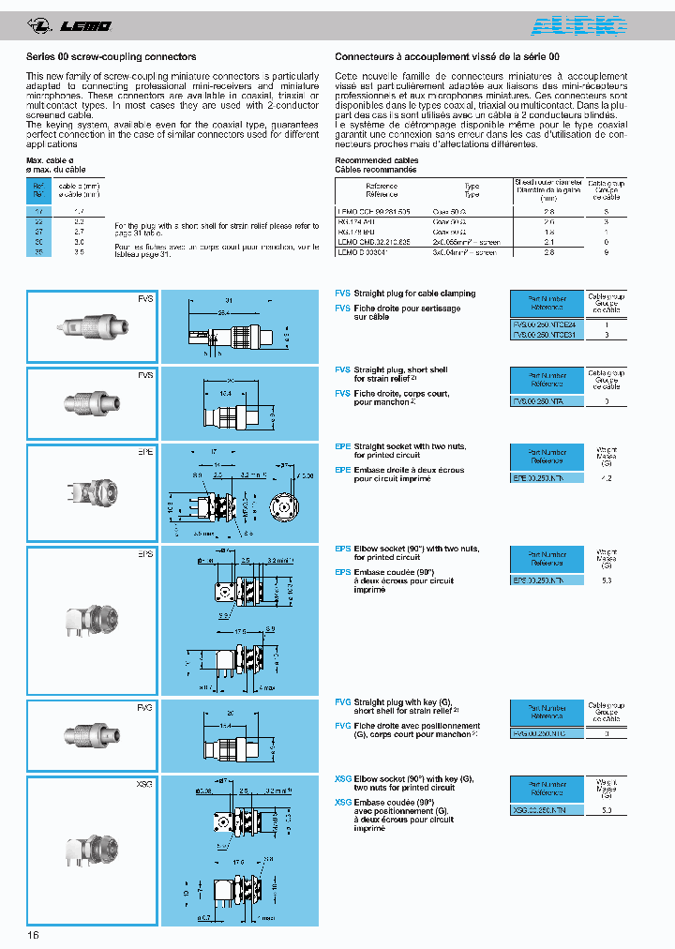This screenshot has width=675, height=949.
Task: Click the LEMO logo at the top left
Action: pyautogui.click(x=70, y=24)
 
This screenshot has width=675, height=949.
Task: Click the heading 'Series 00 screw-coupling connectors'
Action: pyautogui.click(x=111, y=57)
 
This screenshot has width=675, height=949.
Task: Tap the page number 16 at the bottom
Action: pyautogui.click(x=33, y=934)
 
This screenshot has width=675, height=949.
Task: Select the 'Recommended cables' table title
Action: pyautogui.click(x=375, y=161)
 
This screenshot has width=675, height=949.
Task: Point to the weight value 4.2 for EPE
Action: pyautogui.click(x=607, y=477)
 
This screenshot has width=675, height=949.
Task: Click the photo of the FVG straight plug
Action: pyautogui.click(x=91, y=734)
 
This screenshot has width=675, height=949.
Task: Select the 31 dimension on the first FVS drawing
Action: pyautogui.click(x=229, y=300)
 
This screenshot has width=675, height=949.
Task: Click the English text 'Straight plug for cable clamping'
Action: pyautogui.click(x=414, y=294)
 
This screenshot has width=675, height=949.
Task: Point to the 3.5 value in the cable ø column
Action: pyautogui.click(x=79, y=251)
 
